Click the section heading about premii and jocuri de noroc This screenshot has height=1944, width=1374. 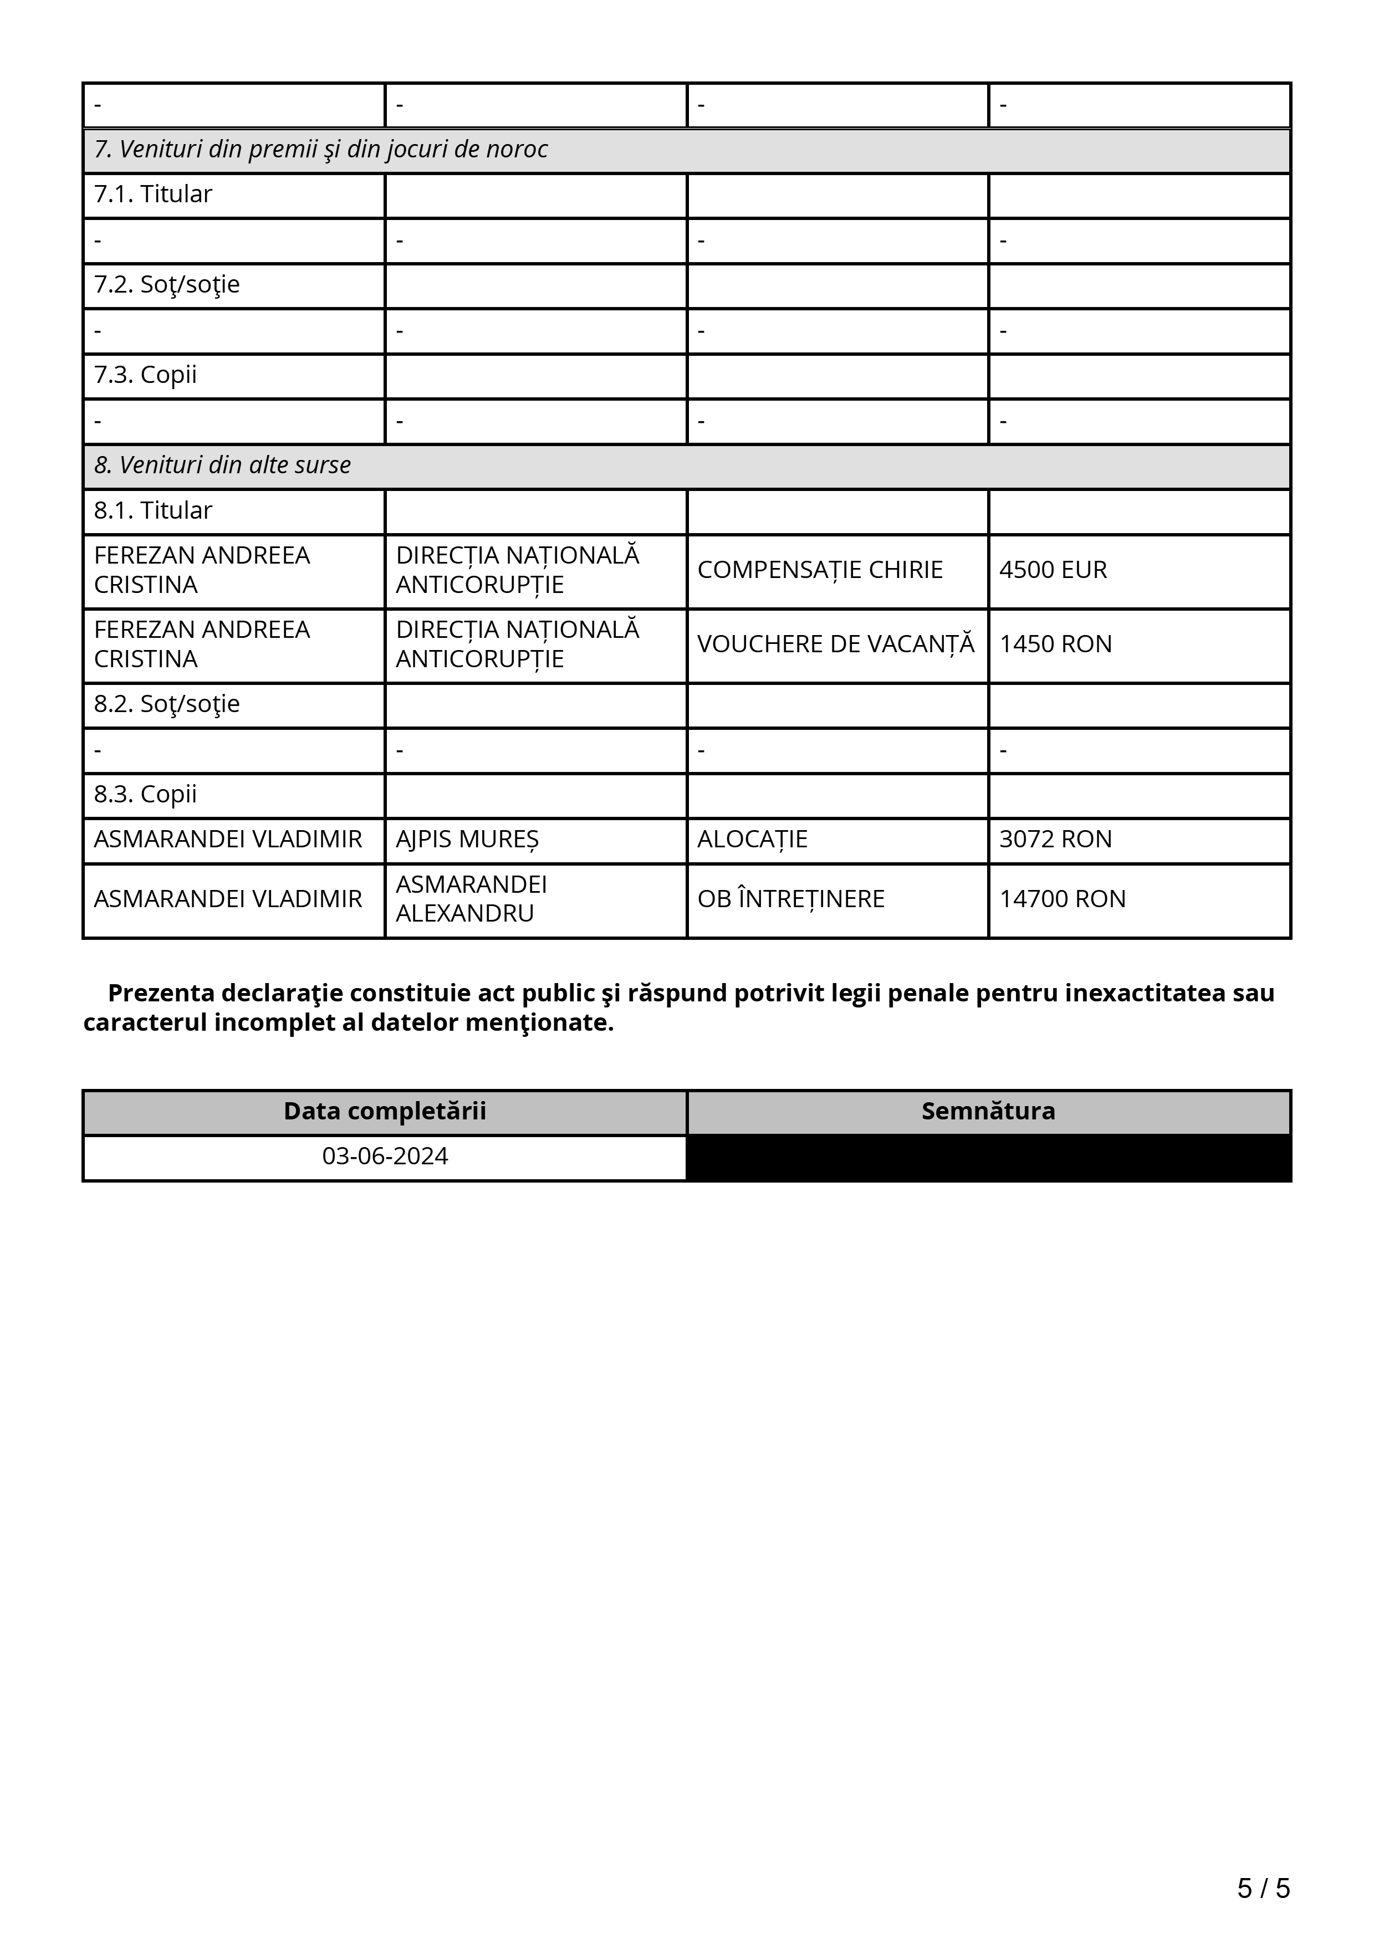(321, 150)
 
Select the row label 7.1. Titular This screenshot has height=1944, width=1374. (153, 195)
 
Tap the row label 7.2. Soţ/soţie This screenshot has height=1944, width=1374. (167, 284)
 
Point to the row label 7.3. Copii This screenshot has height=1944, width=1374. (146, 375)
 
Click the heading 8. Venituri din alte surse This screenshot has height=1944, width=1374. (223, 465)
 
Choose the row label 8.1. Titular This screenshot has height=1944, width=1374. (153, 510)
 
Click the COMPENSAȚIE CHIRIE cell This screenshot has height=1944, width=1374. (820, 570)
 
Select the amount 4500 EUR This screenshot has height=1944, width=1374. (1053, 570)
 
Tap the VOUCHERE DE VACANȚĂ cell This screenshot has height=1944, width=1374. (836, 644)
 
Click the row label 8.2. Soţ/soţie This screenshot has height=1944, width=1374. (167, 704)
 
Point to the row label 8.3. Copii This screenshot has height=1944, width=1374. (146, 795)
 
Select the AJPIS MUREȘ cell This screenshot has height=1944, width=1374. (467, 840)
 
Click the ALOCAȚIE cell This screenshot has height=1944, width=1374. (753, 840)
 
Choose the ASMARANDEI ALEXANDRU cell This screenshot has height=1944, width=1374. (472, 899)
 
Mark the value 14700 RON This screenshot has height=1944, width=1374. (1063, 899)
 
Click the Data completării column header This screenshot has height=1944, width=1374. (385, 1112)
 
